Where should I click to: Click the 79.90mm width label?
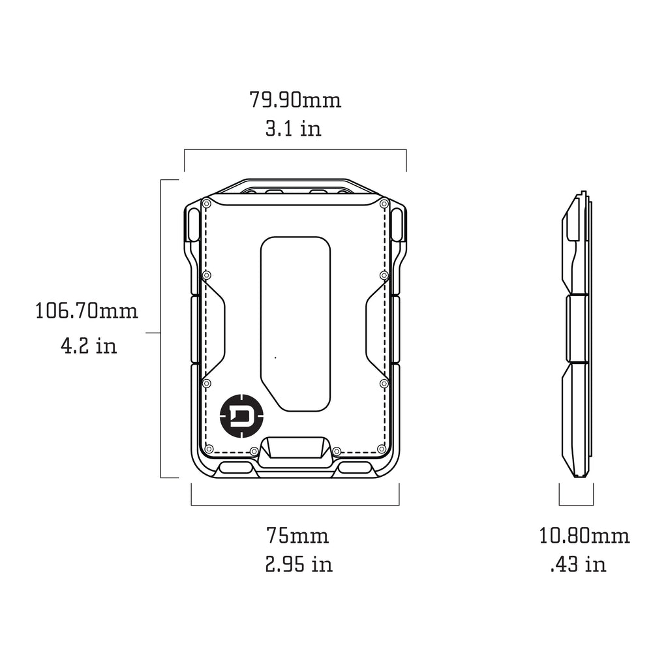[295, 100]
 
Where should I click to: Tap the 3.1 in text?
[293, 129]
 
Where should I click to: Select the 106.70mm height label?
[86, 311]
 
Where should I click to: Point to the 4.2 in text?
[89, 345]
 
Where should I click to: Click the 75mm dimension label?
[297, 536]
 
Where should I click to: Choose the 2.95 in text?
[298, 564]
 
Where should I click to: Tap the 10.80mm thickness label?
[584, 536]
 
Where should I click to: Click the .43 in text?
[578, 564]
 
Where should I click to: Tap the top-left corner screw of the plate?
[206, 202]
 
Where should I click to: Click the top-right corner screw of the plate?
[385, 202]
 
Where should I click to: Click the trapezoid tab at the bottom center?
[296, 449]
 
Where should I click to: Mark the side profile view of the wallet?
[577, 336]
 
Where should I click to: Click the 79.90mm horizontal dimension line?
[295, 151]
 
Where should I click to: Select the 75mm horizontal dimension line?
[295, 505]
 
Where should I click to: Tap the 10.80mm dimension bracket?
[576, 504]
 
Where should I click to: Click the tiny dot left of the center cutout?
[275, 357]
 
